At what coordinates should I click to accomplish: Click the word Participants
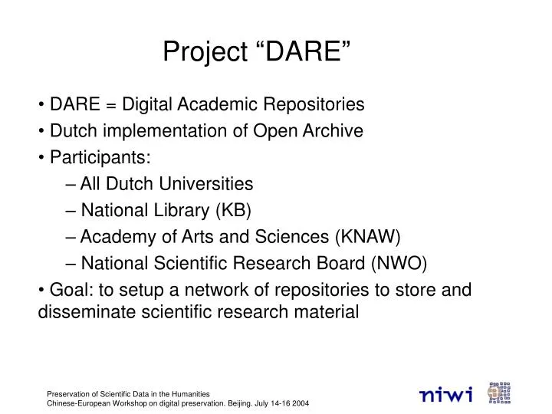(x=100, y=158)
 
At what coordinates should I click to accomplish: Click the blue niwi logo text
(x=446, y=394)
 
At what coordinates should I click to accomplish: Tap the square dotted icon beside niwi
(x=499, y=393)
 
